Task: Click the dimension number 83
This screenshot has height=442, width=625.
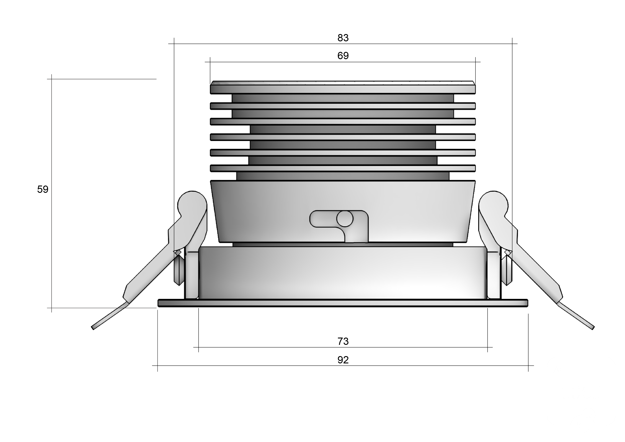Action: [x=343, y=38]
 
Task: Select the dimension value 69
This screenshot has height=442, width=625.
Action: [x=343, y=56]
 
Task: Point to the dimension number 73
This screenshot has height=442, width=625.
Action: [x=343, y=341]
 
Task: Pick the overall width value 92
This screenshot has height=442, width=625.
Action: [x=343, y=360]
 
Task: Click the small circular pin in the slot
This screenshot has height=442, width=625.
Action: [x=345, y=218]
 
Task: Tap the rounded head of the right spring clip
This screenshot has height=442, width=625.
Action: [x=494, y=204]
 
